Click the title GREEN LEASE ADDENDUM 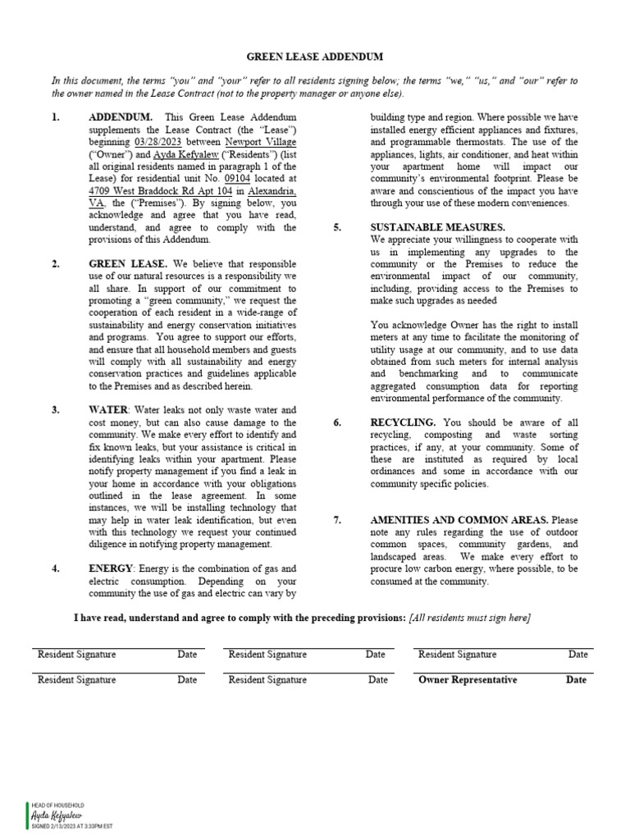click(315, 57)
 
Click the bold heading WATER click(108, 409)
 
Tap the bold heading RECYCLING click(403, 422)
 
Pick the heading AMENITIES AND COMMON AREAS click(460, 520)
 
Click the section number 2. click(55, 264)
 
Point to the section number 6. click(337, 422)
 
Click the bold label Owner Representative click(468, 680)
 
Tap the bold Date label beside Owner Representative click(576, 680)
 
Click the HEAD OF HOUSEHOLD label click(57, 806)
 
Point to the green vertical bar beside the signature click(27, 817)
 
